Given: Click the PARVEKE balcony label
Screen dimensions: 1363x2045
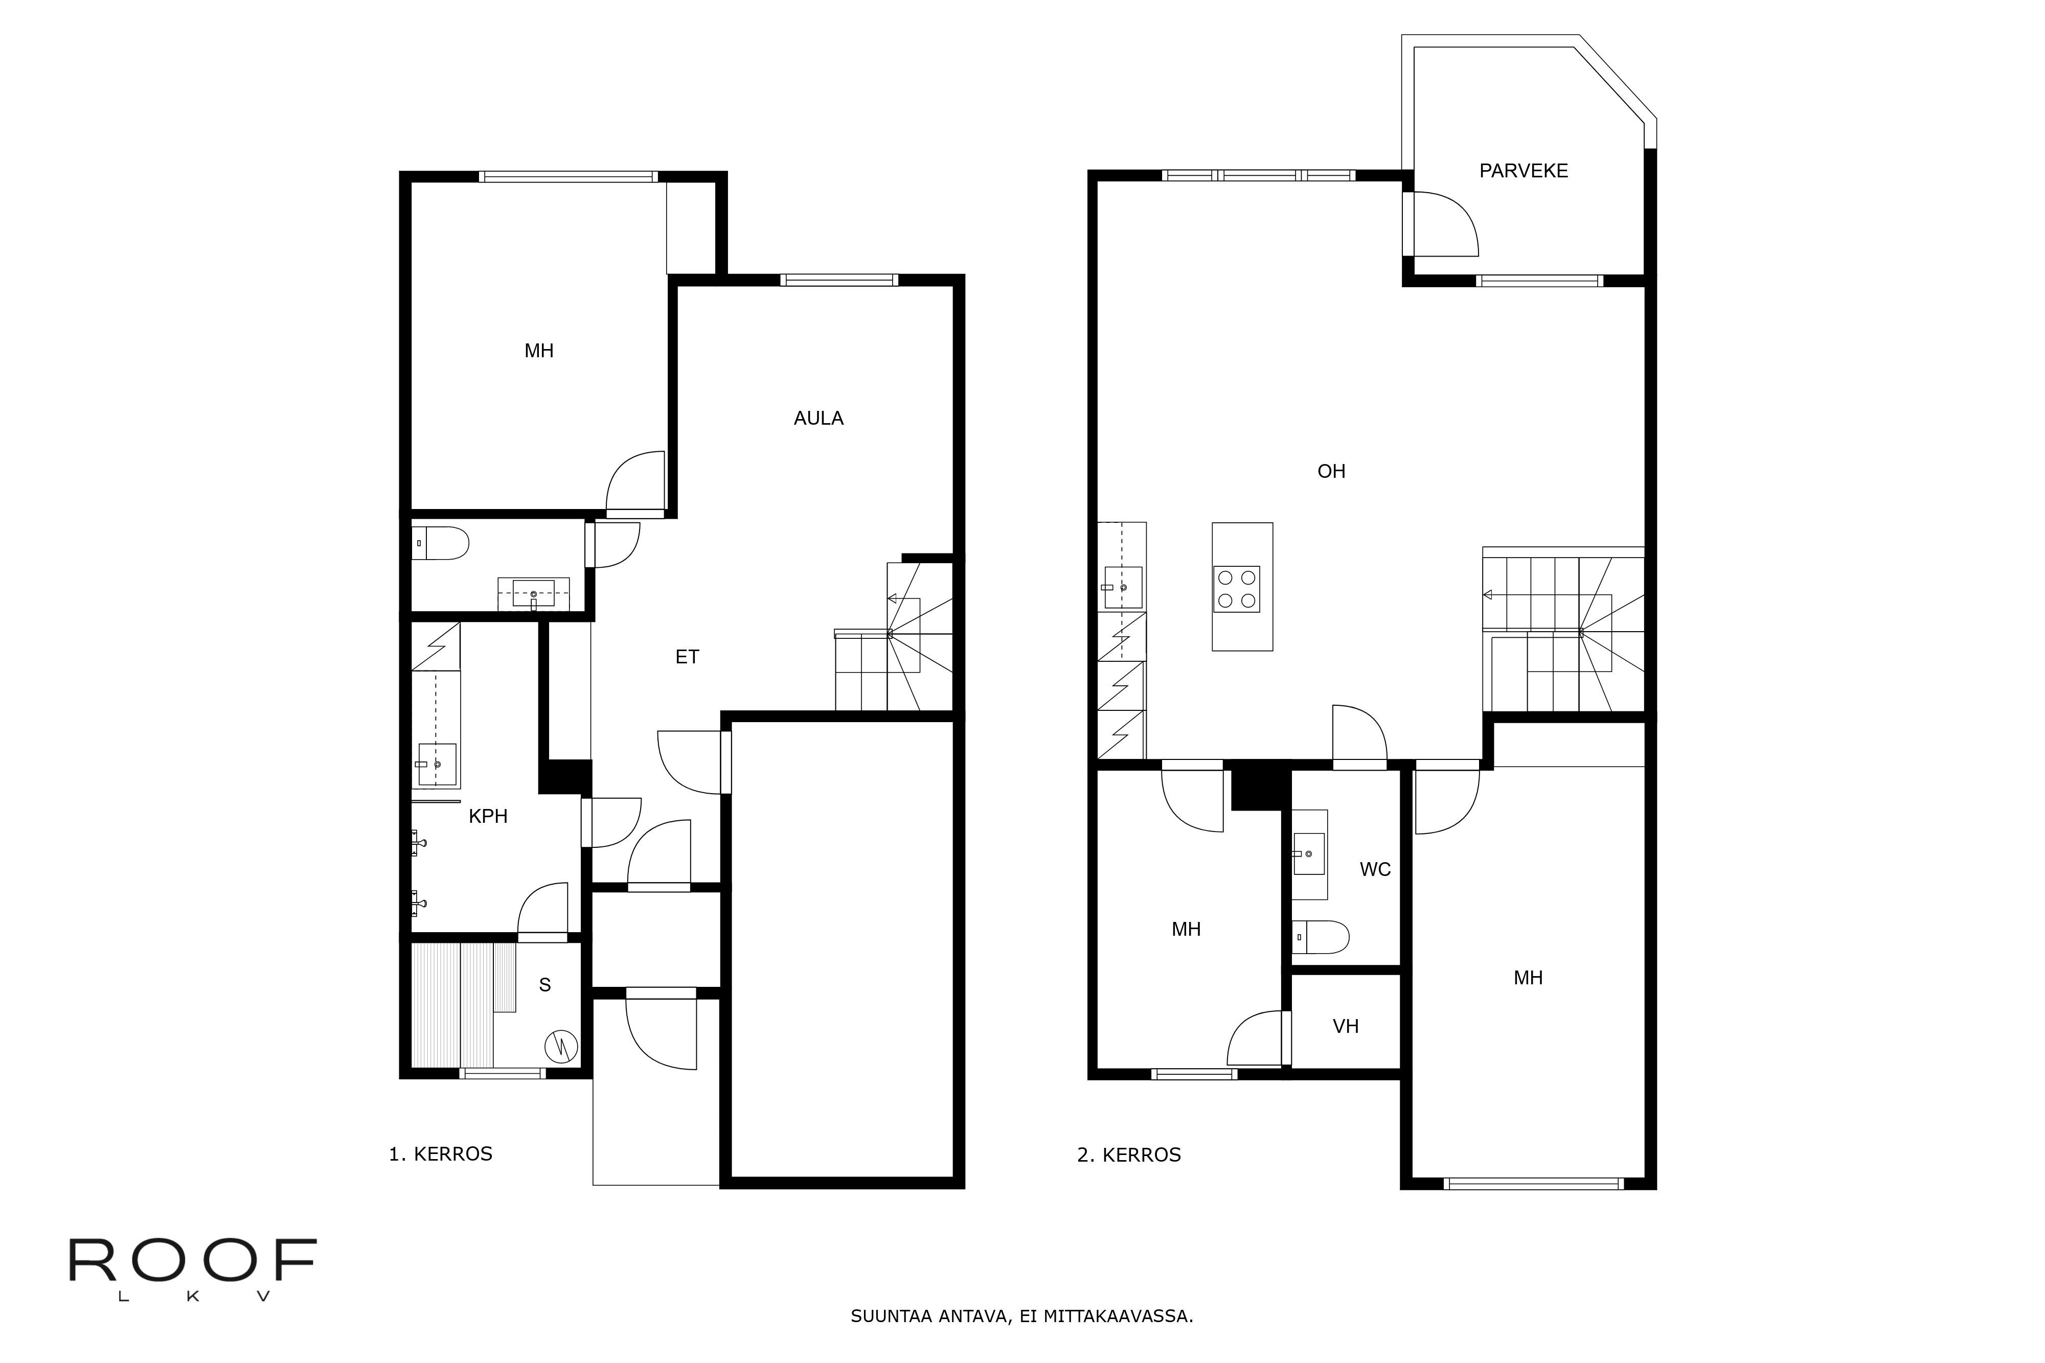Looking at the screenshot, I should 1524,171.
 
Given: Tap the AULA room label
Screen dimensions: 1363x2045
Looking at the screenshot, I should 818,419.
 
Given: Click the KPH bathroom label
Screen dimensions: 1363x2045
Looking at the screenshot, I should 488,816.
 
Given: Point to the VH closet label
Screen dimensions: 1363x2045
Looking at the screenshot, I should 1345,1027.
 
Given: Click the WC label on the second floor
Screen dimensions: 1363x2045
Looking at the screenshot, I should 1375,869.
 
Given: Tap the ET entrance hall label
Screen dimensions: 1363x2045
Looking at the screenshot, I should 687,657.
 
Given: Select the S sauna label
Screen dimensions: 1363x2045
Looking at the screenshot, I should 545,985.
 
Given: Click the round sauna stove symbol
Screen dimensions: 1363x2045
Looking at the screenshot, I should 561,1047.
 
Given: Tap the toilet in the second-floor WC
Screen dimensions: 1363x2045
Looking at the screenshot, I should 1321,937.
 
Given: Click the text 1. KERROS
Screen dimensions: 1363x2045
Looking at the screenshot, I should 440,1154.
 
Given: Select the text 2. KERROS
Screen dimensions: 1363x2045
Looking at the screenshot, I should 1128,1155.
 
